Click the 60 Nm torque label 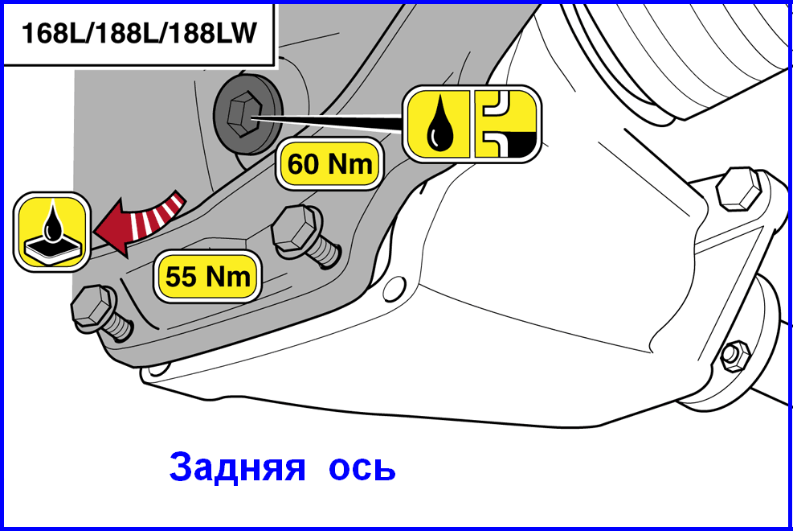329,164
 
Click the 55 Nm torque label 207,277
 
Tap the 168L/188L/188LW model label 139,34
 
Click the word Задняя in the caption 238,467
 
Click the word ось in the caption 362,469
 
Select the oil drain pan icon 52,233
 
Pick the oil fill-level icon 506,124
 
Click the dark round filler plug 247,114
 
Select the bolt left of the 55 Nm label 103,315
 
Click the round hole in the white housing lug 394,289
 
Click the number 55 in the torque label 181,277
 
